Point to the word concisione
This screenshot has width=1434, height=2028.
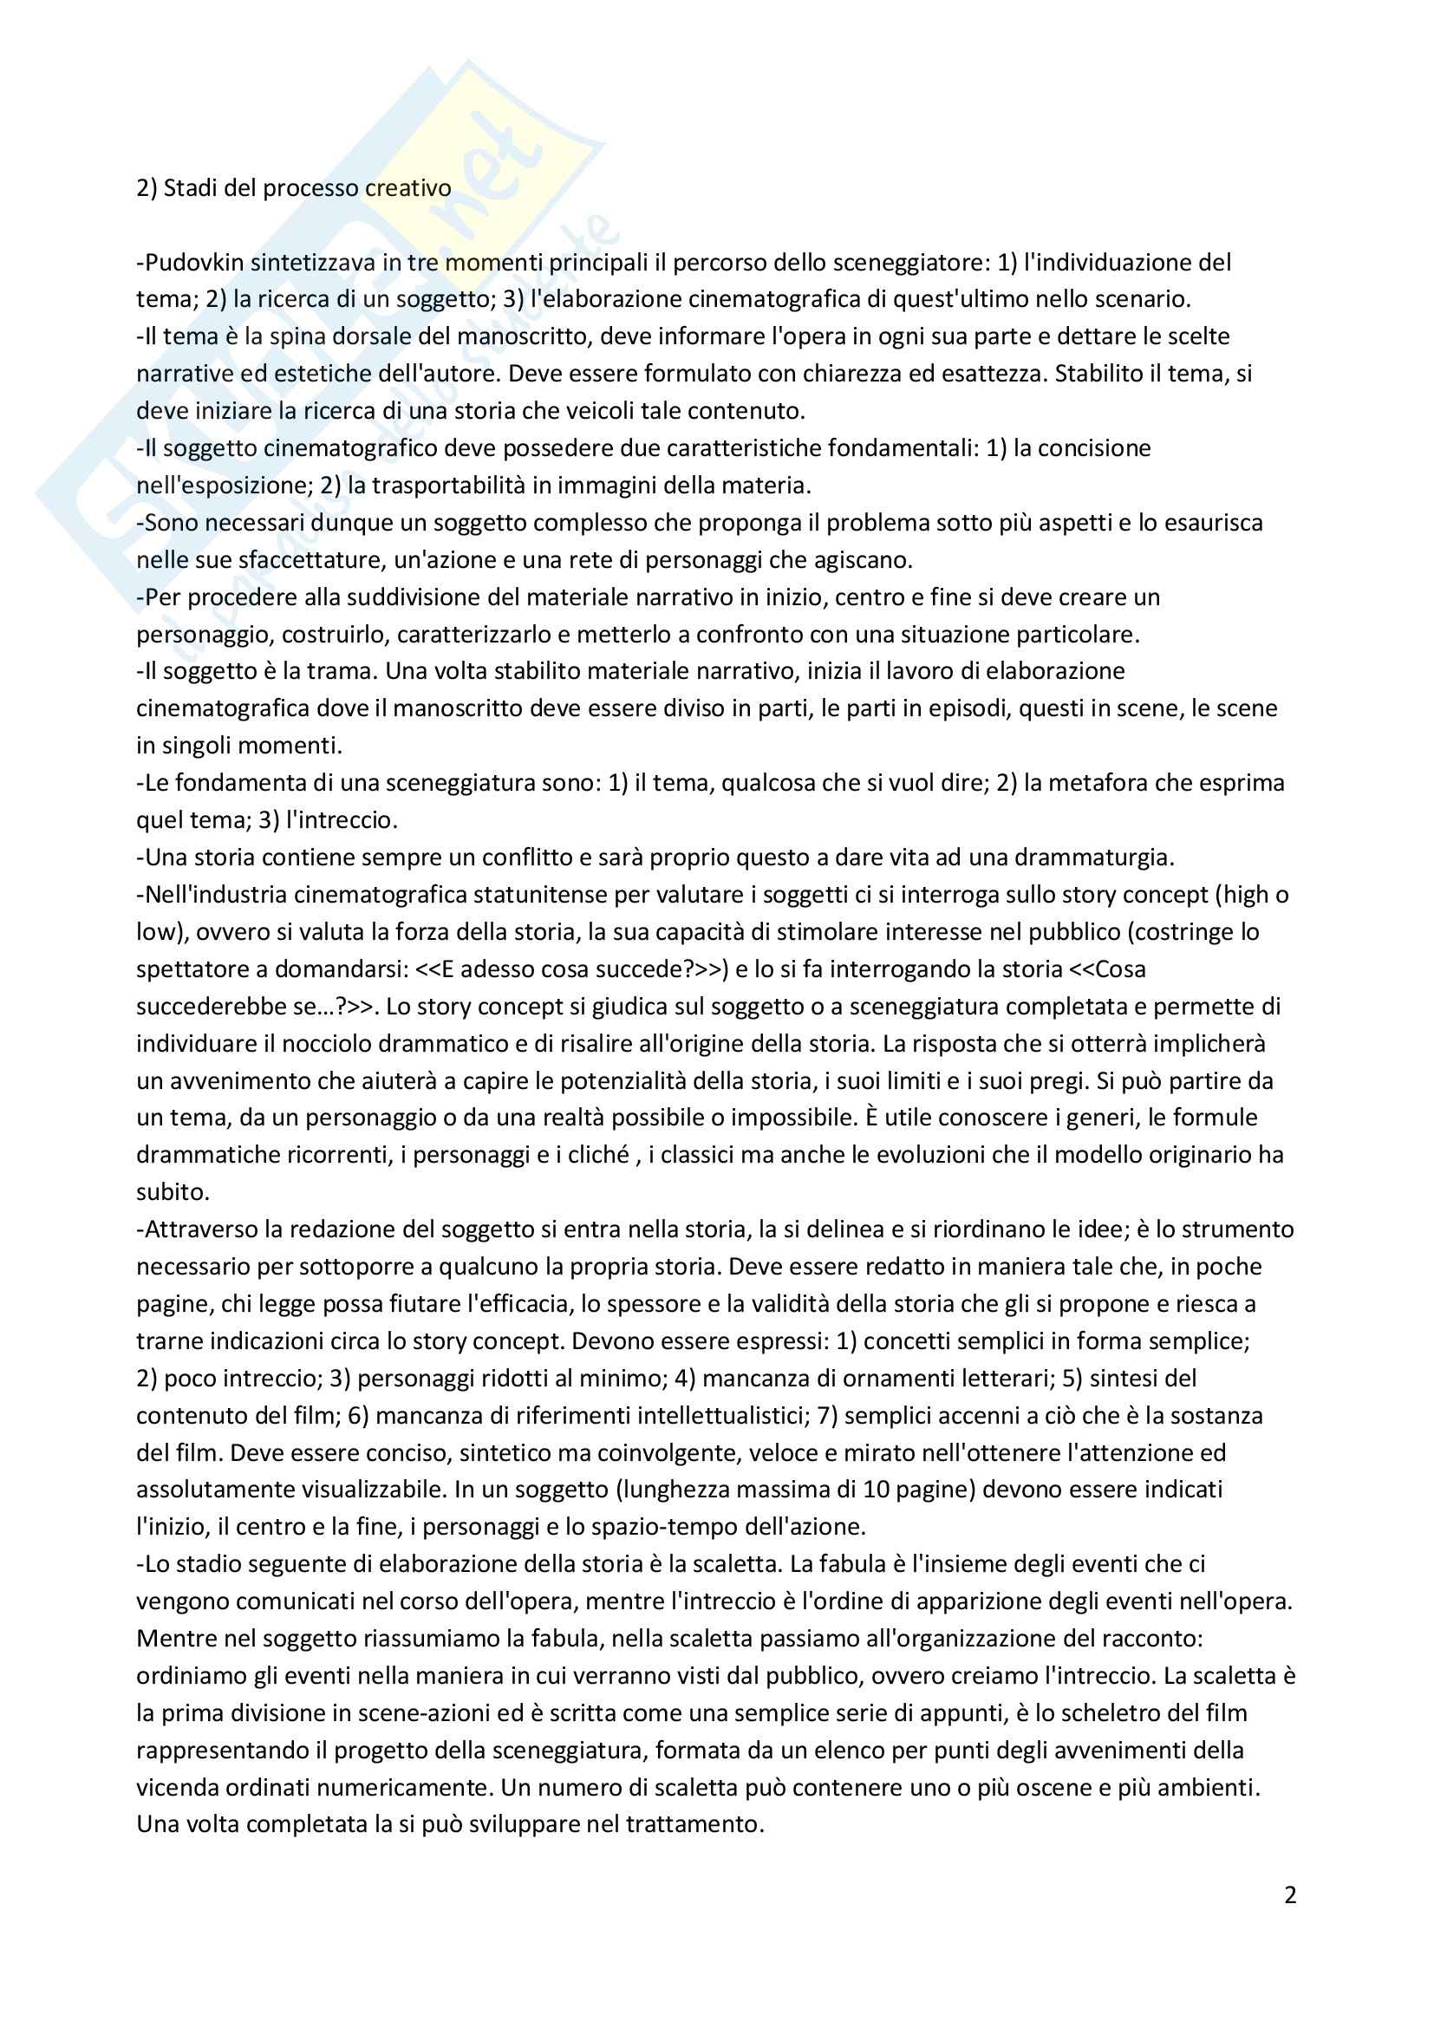(1094, 447)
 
